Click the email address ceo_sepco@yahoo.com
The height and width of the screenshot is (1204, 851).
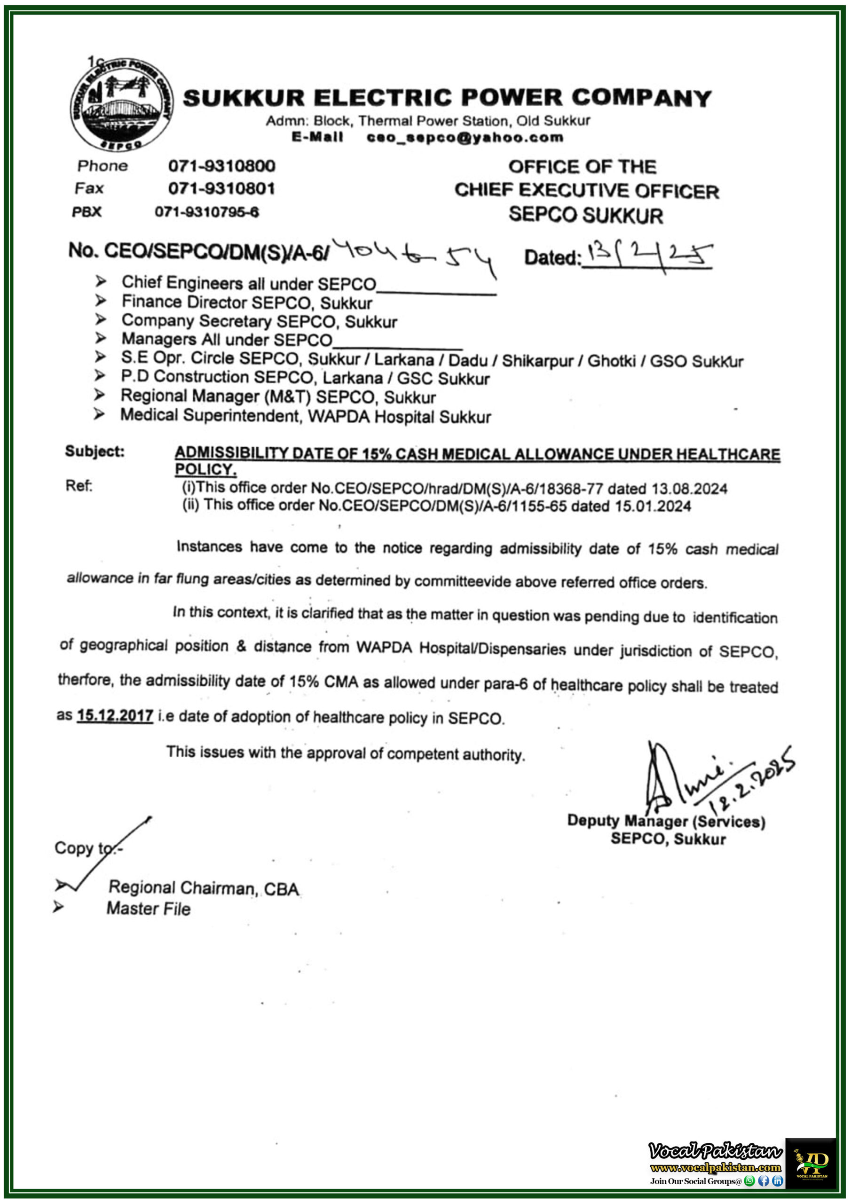[465, 137]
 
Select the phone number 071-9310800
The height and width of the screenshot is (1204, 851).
[221, 166]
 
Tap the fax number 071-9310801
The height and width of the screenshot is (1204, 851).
[221, 188]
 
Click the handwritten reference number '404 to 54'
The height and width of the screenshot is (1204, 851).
[414, 255]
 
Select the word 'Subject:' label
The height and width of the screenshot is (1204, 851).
[95, 451]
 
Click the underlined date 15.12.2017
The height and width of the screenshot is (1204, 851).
[115, 716]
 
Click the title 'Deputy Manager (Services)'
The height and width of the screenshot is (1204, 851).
[666, 821]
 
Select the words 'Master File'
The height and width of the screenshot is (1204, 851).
[149, 909]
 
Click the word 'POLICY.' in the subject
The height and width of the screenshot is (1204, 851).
[205, 469]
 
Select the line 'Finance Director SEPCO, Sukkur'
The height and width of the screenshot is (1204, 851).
[247, 302]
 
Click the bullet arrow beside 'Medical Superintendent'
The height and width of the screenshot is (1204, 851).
[99, 415]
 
